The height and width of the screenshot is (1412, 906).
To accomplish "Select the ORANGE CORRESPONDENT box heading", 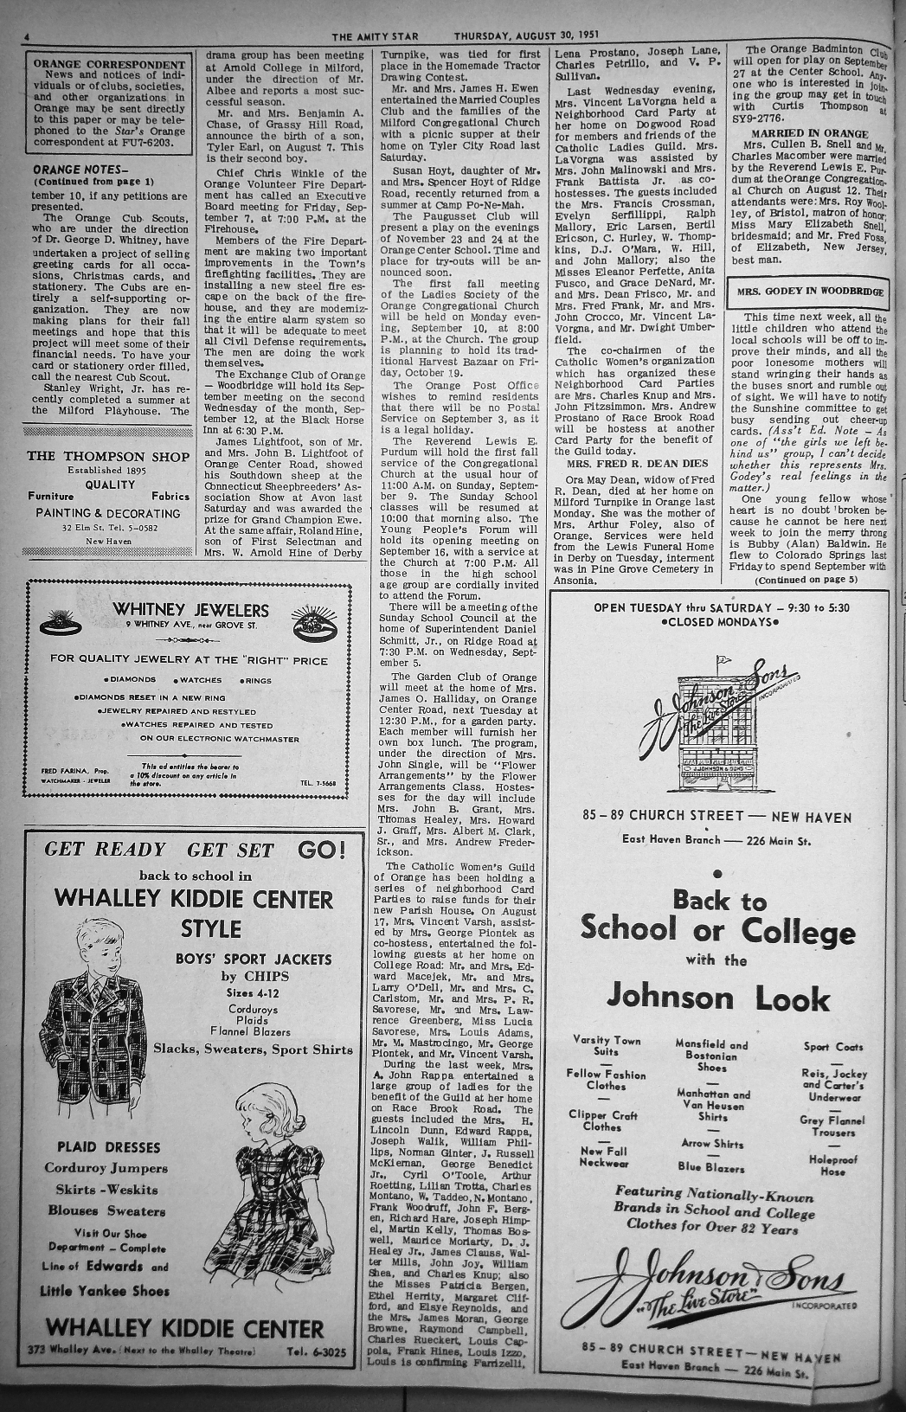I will click(x=109, y=64).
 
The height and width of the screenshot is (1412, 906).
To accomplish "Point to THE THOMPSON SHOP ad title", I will click(x=107, y=456).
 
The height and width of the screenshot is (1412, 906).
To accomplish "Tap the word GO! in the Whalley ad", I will click(x=321, y=849).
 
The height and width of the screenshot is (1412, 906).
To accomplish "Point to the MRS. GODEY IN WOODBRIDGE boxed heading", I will click(x=810, y=292).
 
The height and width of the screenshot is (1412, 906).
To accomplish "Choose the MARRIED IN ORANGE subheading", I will click(x=809, y=134).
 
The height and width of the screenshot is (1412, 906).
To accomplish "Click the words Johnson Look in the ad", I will click(x=717, y=998).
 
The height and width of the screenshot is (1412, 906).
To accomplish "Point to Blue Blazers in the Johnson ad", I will click(x=711, y=1167).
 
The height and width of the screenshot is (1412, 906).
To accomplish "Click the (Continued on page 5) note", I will click(x=806, y=579).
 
